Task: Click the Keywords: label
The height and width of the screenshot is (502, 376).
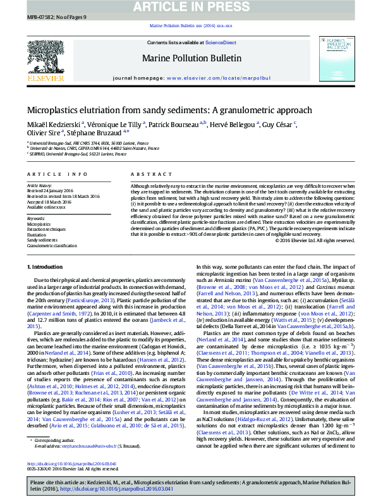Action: pos(36,219)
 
